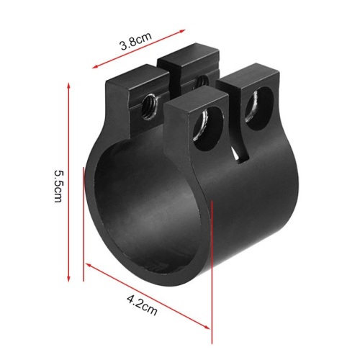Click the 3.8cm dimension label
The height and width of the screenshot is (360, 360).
click(136, 41)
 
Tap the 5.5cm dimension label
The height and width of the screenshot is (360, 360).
click(58, 186)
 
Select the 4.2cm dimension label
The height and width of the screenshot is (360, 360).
click(142, 305)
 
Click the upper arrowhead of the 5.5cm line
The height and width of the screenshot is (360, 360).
click(68, 86)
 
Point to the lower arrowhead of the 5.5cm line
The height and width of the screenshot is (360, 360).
click(68, 279)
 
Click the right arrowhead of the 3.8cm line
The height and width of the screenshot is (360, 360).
click(181, 31)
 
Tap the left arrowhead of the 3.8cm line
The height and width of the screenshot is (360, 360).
click(96, 66)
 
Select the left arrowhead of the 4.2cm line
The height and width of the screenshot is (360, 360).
click(89, 264)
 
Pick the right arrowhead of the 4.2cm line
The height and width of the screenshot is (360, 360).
click(207, 327)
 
